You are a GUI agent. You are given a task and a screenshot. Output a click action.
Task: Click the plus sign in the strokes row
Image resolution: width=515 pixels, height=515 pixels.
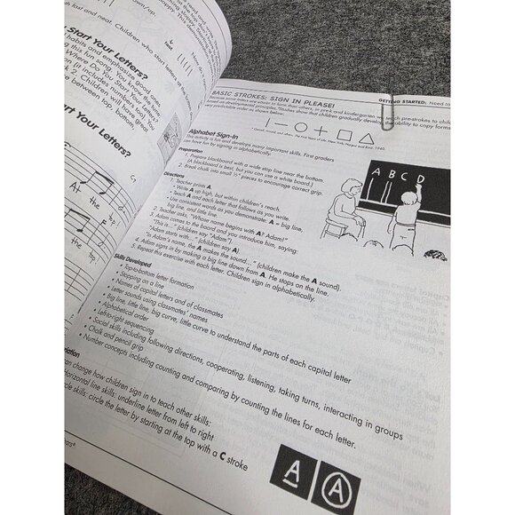point(319,131)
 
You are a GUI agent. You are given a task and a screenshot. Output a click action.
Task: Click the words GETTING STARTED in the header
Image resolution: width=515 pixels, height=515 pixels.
point(400,102)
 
